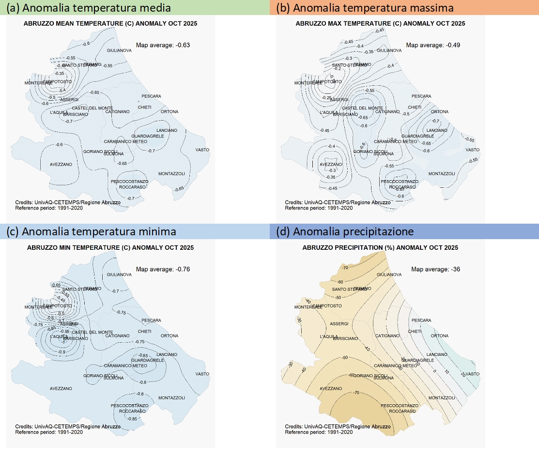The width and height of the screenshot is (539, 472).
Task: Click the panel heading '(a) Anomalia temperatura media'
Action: (x=88, y=8)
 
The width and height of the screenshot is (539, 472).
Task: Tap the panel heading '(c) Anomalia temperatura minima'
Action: (x=92, y=232)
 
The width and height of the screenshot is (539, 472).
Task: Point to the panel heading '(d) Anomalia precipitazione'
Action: (x=345, y=232)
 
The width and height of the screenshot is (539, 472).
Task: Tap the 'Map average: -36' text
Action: (x=429, y=269)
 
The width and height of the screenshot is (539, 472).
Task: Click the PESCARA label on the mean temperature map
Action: (x=151, y=96)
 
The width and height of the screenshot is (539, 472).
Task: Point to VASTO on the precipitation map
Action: (x=473, y=374)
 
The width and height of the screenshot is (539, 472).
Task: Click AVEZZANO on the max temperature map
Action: (x=331, y=165)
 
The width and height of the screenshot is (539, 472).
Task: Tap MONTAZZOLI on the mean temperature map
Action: (x=171, y=173)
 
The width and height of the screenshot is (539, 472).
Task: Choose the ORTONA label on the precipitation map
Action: (x=439, y=336)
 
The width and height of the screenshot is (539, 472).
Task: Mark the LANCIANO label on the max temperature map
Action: (x=437, y=130)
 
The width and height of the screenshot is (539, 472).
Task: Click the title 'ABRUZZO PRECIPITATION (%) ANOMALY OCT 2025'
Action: (x=380, y=248)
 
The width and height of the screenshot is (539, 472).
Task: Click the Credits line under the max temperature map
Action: (x=337, y=203)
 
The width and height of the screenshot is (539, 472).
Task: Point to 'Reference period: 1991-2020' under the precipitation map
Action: (x=318, y=432)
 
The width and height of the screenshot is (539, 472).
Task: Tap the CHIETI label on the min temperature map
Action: (x=145, y=332)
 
